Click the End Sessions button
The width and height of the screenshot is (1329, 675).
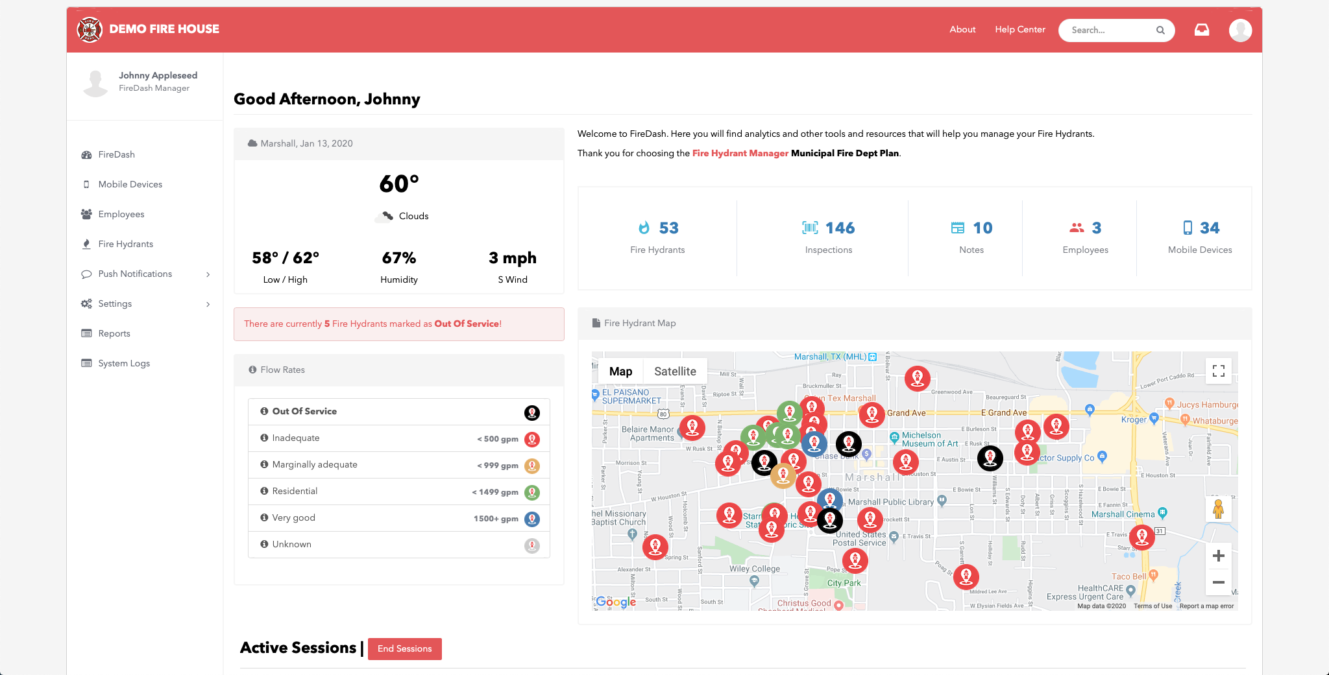click(404, 648)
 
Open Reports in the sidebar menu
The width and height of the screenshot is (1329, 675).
click(114, 333)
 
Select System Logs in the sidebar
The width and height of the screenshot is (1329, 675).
click(123, 363)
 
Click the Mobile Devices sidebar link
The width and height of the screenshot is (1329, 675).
click(130, 184)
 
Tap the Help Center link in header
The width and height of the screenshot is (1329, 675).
click(1019, 29)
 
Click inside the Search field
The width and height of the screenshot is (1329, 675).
click(1110, 30)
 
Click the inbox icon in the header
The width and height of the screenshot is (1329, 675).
click(1201, 30)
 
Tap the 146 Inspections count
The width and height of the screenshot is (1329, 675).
click(840, 228)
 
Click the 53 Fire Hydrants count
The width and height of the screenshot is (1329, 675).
click(668, 228)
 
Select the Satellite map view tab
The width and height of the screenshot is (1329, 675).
click(675, 372)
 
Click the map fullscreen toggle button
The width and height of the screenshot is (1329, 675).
click(1218, 371)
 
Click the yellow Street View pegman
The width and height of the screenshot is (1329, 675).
click(1218, 509)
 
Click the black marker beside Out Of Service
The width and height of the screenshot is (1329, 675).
click(532, 412)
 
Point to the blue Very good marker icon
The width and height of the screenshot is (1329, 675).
click(532, 519)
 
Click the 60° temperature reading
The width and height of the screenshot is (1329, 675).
click(399, 184)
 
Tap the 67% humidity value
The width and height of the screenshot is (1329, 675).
click(398, 258)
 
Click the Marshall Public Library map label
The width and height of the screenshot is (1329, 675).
click(890, 502)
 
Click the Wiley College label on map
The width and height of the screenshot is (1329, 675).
click(755, 569)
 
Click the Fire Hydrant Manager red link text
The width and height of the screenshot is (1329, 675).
click(740, 153)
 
